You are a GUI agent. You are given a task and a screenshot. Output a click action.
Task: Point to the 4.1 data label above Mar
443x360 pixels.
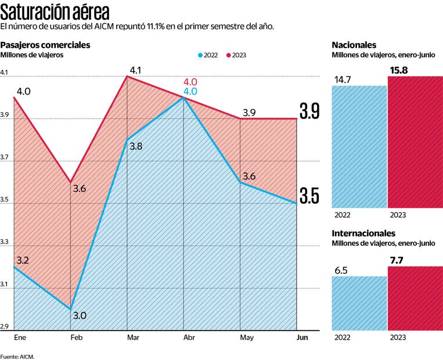coord(136,71)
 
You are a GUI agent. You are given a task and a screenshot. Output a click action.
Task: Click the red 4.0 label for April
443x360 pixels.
coord(190,82)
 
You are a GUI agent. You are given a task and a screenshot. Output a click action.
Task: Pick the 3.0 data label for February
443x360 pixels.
coord(80,315)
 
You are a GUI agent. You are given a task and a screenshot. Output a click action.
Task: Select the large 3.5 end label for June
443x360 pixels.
coord(309,197)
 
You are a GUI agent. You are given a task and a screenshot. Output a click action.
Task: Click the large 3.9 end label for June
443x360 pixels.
coord(309,111)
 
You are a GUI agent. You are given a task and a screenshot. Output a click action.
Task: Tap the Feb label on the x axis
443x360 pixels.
coord(76,337)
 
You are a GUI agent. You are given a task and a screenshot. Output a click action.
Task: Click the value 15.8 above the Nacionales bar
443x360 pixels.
coord(398,70)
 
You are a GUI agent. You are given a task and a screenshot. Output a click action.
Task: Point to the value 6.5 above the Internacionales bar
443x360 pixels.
coord(341,270)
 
